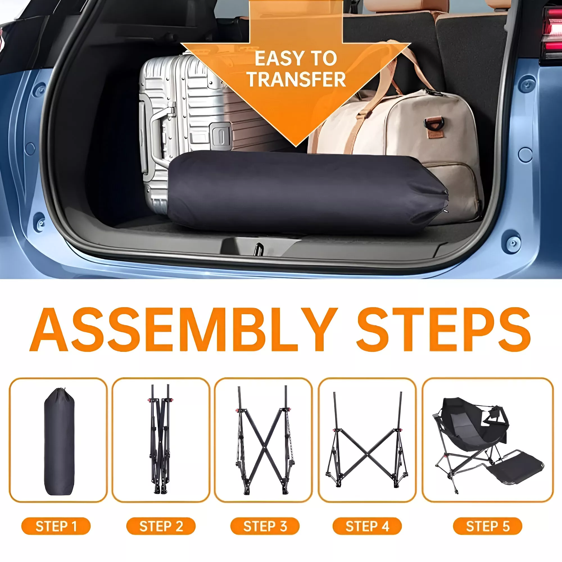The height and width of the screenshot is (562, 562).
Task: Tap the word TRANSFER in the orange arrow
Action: click(296, 79)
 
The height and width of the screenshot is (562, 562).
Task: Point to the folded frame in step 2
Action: click(160, 439)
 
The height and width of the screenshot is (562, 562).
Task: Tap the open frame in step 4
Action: click(367, 439)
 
